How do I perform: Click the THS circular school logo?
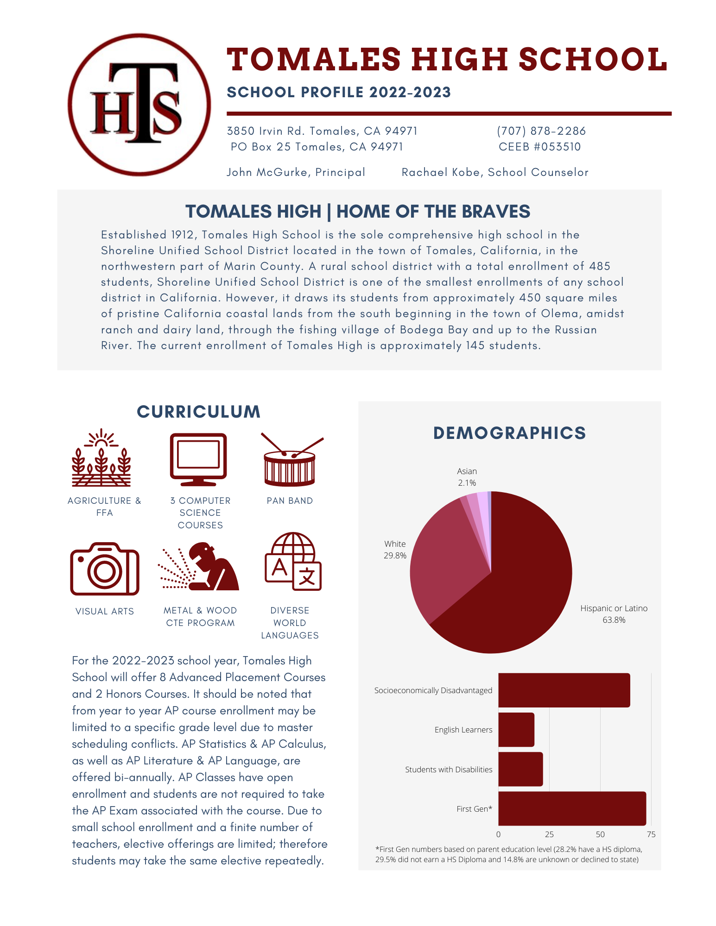tap(139, 105)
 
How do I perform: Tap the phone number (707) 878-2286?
tap(541, 131)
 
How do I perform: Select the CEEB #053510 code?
tap(539, 147)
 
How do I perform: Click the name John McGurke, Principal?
tap(296, 172)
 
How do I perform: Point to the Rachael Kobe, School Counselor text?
tap(494, 172)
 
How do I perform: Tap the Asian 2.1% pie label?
tap(467, 477)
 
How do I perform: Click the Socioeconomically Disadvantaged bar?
tap(564, 690)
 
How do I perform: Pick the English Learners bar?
tap(516, 730)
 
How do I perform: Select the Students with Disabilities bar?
tap(520, 769)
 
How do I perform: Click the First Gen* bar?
tap(571, 808)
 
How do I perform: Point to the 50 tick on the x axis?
tap(600, 834)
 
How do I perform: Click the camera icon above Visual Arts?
tap(105, 569)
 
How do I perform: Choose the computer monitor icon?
tap(198, 459)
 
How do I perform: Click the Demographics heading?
tap(509, 433)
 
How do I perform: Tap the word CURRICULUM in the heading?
tap(198, 412)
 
